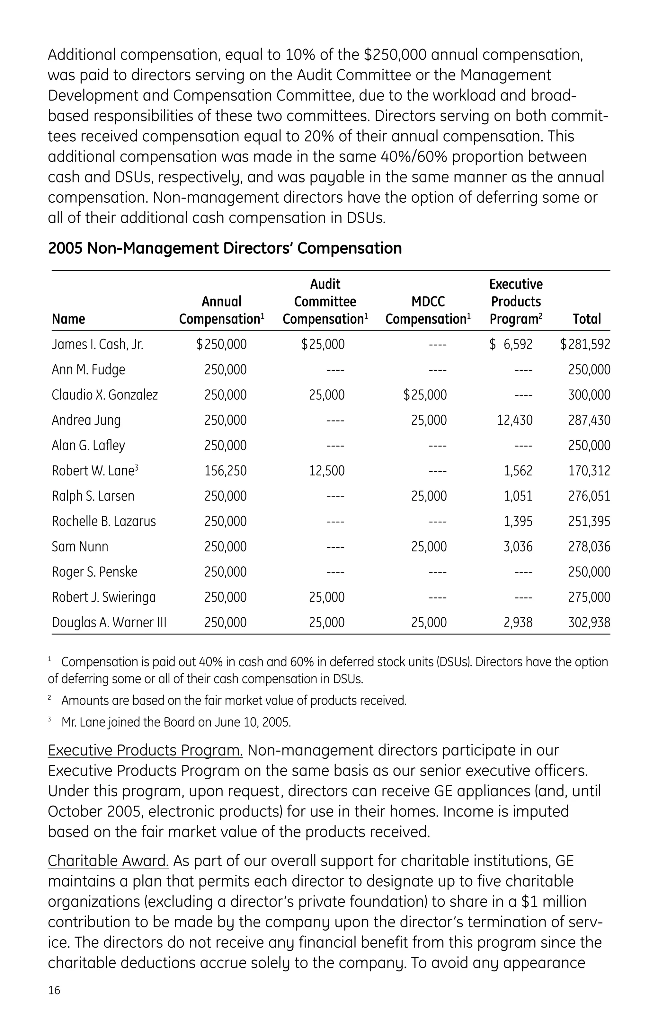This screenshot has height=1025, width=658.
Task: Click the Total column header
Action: tap(587, 319)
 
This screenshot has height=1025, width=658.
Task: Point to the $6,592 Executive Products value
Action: tap(511, 344)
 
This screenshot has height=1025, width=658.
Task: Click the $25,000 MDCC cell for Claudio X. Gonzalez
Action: tap(425, 395)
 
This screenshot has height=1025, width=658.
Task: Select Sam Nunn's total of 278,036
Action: tap(589, 547)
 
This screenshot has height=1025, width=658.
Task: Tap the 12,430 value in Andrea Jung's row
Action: tap(514, 420)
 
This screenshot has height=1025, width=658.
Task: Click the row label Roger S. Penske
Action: tap(94, 572)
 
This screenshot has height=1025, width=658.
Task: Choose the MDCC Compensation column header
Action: tap(428, 311)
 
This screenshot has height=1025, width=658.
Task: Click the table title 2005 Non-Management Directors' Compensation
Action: tap(225, 248)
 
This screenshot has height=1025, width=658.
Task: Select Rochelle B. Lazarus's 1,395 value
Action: tap(518, 521)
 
